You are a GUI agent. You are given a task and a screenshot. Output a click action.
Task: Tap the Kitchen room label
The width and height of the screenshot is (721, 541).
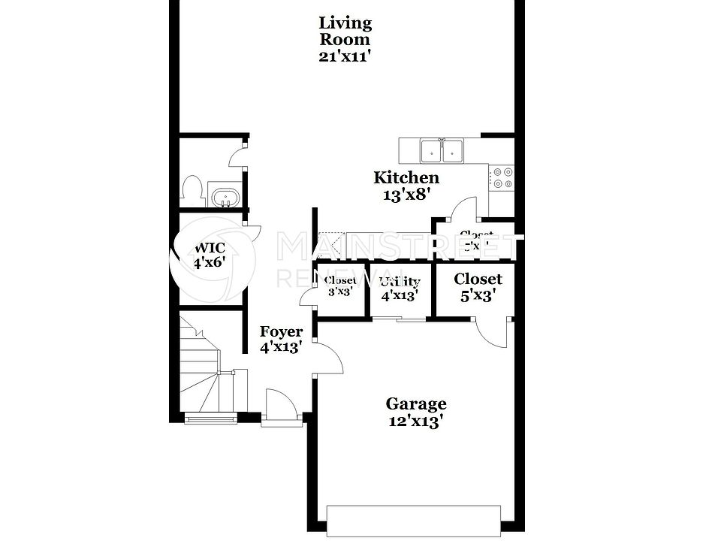[x=406, y=178]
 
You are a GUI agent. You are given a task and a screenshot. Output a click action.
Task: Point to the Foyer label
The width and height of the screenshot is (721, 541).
[x=282, y=332]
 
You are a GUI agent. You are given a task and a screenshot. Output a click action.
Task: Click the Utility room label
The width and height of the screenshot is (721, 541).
[x=399, y=283]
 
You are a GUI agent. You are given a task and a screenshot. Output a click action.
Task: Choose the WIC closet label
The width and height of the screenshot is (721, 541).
[x=210, y=248]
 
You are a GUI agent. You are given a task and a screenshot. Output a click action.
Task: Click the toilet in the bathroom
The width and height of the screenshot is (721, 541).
[x=192, y=189]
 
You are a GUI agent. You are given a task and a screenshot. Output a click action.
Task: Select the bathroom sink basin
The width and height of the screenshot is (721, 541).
[x=224, y=198]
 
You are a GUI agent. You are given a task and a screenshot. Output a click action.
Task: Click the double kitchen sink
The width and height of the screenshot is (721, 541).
[x=442, y=151]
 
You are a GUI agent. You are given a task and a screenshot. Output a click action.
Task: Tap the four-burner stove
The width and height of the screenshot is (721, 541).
[x=501, y=177]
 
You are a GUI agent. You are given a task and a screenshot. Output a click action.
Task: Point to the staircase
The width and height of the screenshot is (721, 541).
[x=204, y=368]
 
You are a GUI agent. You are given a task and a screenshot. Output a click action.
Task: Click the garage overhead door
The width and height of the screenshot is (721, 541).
[x=413, y=521]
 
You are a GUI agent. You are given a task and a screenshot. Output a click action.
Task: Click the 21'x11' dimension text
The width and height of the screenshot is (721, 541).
[x=345, y=56]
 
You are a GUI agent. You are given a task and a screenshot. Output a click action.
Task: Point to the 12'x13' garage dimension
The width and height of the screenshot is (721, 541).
[x=416, y=421]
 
